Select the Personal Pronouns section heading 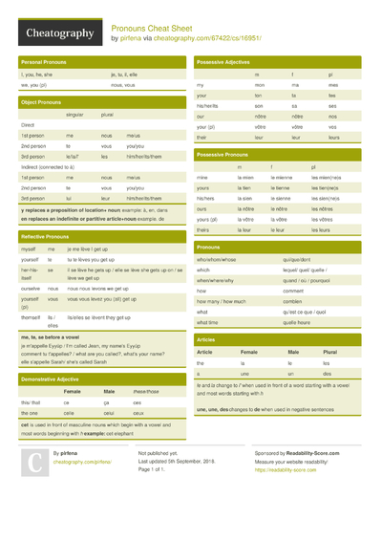(44, 61)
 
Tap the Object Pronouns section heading (42, 101)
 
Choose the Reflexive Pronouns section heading (45, 235)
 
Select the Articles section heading (205, 339)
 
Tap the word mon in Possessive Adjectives (258, 85)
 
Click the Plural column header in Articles (329, 352)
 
